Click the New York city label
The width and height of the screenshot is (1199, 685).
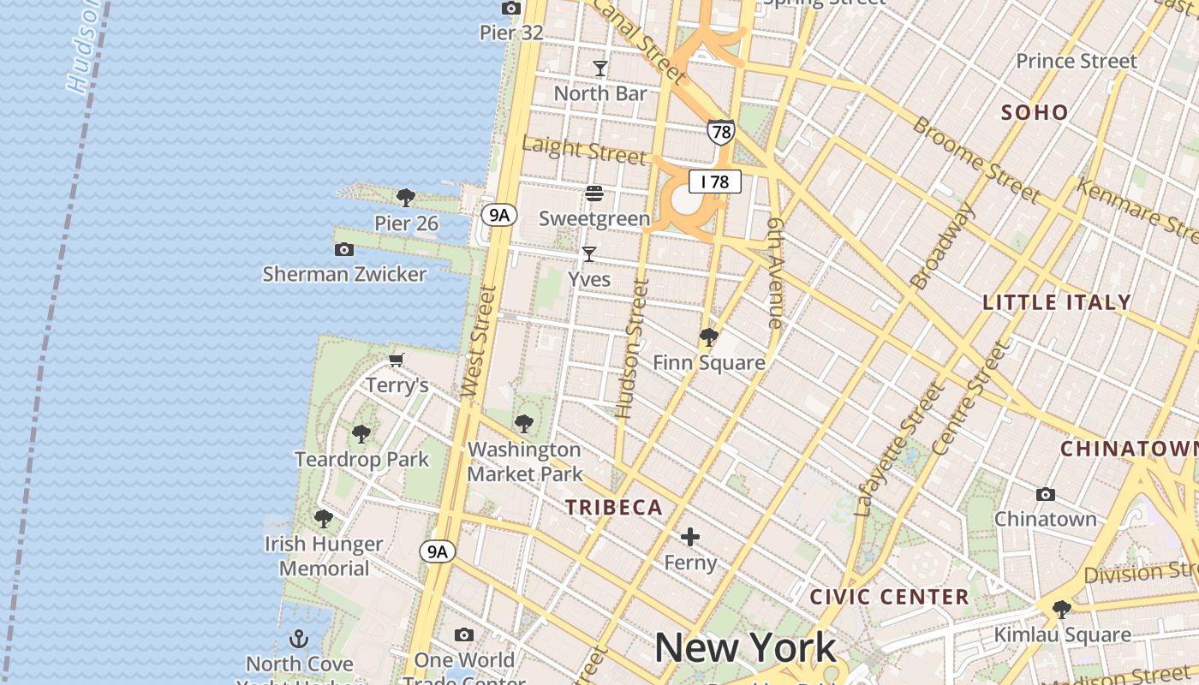point(745,648)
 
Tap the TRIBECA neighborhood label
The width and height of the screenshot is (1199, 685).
point(614,508)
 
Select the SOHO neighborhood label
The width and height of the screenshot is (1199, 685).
point(1035,112)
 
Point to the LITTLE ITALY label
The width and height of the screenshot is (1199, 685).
point(1057,302)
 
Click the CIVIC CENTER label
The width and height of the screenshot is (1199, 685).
point(889,597)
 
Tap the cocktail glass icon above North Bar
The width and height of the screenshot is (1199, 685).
point(600,68)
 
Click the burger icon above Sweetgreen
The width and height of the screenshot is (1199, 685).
point(594,194)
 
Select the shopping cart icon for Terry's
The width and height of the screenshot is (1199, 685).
point(397,360)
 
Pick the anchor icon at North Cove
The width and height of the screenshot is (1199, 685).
point(299,639)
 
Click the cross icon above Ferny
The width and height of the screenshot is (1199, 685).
point(690,538)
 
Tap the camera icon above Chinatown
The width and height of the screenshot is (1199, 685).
point(1045,494)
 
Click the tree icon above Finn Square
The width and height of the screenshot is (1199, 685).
point(708,337)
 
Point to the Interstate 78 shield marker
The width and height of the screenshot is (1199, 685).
point(720,131)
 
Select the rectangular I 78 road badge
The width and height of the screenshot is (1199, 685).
point(714,182)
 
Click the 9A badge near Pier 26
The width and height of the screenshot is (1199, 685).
point(498,215)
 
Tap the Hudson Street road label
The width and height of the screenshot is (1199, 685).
point(635,348)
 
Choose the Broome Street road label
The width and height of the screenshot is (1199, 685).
point(975,160)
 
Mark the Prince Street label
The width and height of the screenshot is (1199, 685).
point(1076,62)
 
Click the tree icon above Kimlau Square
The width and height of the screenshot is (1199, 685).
point(1062,610)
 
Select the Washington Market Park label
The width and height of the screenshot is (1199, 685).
point(524,462)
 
